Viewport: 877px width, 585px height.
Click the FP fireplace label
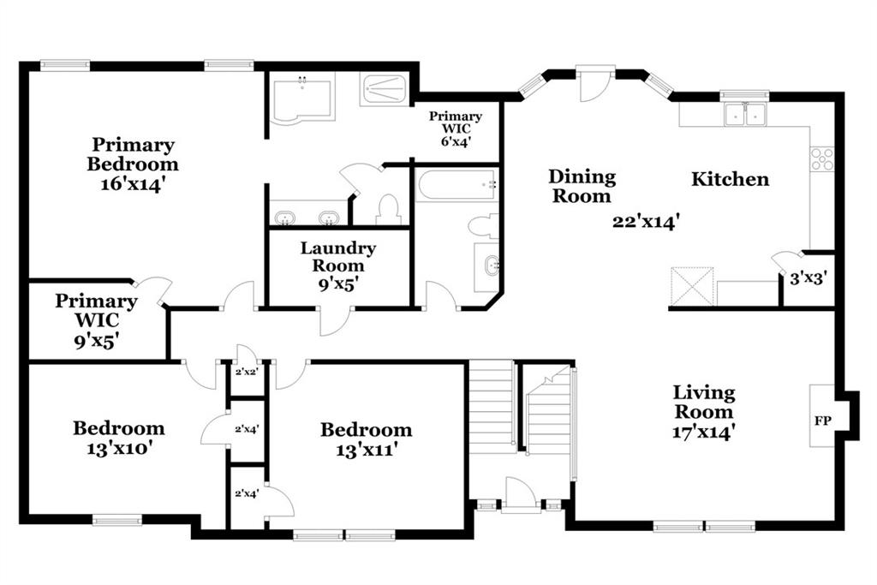click(x=822, y=421)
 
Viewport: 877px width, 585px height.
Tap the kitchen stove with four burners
click(x=822, y=158)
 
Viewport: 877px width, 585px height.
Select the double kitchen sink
click(x=745, y=114)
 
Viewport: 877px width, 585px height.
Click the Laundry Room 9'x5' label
click(x=337, y=266)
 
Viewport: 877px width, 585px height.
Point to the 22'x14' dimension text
click(x=646, y=222)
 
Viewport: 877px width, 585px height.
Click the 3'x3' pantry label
click(x=808, y=278)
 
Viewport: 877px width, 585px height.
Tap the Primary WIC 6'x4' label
click(x=456, y=128)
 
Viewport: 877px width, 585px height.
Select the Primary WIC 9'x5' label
click(x=96, y=320)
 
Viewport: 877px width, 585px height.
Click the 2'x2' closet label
click(x=246, y=372)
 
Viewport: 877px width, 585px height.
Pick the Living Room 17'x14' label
click(x=704, y=412)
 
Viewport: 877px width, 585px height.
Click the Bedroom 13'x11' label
click(x=367, y=439)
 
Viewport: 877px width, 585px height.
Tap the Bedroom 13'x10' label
click(x=119, y=438)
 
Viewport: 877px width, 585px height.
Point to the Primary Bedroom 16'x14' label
click(x=133, y=164)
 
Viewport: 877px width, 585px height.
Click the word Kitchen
click(x=730, y=179)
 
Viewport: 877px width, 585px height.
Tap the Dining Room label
click(x=582, y=186)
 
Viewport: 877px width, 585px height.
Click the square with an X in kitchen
click(x=692, y=286)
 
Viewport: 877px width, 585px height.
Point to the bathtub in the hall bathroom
click(x=456, y=183)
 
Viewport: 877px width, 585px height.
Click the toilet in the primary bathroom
click(x=388, y=209)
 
